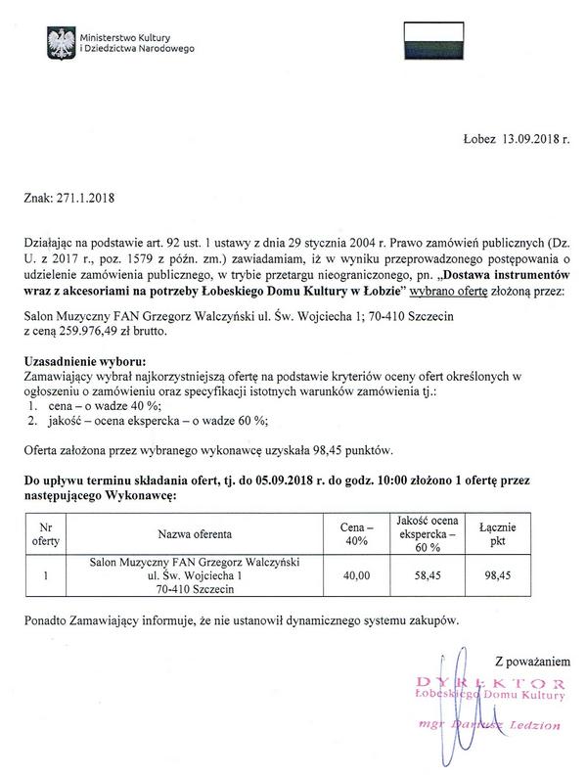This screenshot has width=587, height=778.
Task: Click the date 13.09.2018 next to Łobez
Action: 534,140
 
